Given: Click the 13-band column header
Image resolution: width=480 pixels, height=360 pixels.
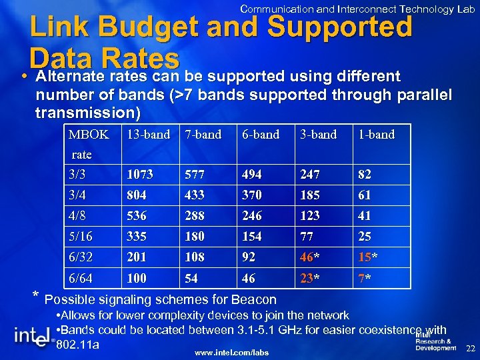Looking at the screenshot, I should click(147, 135).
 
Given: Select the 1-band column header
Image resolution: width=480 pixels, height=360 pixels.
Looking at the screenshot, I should click(376, 135).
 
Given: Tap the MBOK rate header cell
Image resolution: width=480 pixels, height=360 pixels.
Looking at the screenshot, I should click(89, 144).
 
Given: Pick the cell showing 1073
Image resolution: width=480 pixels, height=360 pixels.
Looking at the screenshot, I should click(140, 175).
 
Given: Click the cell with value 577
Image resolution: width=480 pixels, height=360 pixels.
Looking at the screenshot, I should click(195, 175).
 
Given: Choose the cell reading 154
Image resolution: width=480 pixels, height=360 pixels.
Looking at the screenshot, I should click(252, 237).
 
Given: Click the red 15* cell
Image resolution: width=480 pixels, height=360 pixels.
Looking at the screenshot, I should click(367, 257).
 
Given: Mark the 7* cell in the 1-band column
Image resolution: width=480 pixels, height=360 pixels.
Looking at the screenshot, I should click(365, 278).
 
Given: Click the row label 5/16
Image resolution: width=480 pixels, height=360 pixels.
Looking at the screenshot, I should click(80, 237).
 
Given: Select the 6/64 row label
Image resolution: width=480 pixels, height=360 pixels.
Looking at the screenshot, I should click(80, 278).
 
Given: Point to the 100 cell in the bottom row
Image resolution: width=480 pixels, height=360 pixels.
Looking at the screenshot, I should click(137, 278).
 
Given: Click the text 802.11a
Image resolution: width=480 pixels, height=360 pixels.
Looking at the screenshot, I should click(79, 345).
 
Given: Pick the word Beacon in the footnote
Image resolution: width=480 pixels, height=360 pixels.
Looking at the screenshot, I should click(254, 299).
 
